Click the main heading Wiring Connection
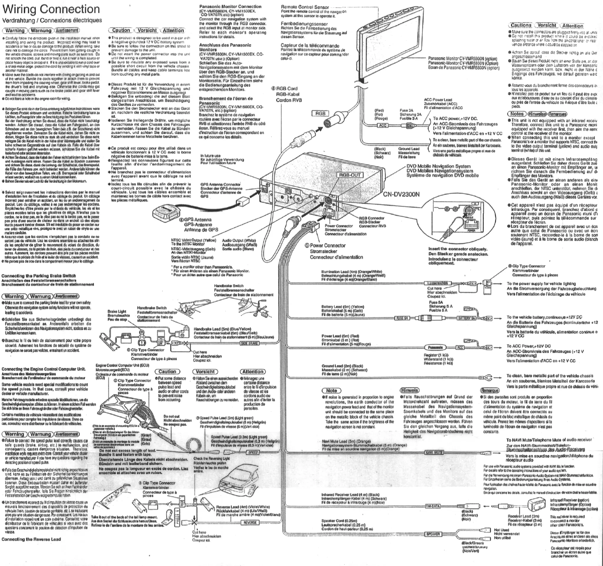pyautogui.click(x=51, y=9)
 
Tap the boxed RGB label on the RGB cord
pyautogui.click(x=320, y=113)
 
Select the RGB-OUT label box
pyautogui.click(x=350, y=175)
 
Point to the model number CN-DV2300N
pyautogui.click(x=401, y=194)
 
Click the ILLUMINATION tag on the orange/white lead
pyautogui.click(x=437, y=283)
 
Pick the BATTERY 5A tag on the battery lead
pyautogui.click(x=467, y=318)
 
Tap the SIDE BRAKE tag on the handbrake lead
pyautogui.click(x=249, y=343)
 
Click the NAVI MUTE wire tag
pyautogui.click(x=434, y=452)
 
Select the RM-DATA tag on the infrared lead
pyautogui.click(x=432, y=506)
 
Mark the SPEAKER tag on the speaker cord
pyautogui.click(x=433, y=534)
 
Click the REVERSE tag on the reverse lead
pyautogui.click(x=250, y=522)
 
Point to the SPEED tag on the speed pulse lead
pyautogui.click(x=253, y=452)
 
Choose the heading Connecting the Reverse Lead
pyautogui.click(x=31, y=539)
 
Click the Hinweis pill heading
pyautogui.click(x=410, y=390)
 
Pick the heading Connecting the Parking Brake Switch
pyautogui.click(x=39, y=276)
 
